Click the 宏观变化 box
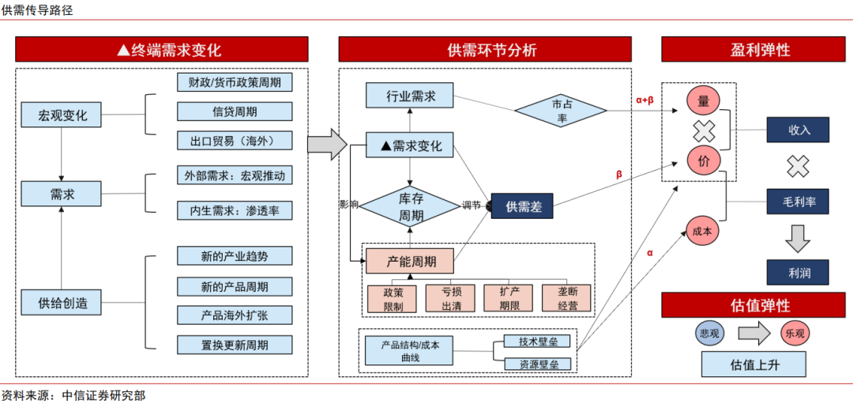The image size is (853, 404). point(61,115)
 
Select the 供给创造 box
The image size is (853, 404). point(61,302)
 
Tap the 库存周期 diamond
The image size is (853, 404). point(410,207)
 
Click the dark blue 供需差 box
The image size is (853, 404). point(522,206)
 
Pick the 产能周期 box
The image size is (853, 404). point(410,260)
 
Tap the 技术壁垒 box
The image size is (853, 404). point(537,342)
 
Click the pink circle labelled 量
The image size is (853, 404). point(702,100)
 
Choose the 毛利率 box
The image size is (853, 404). point(799,202)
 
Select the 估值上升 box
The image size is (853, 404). point(753,364)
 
